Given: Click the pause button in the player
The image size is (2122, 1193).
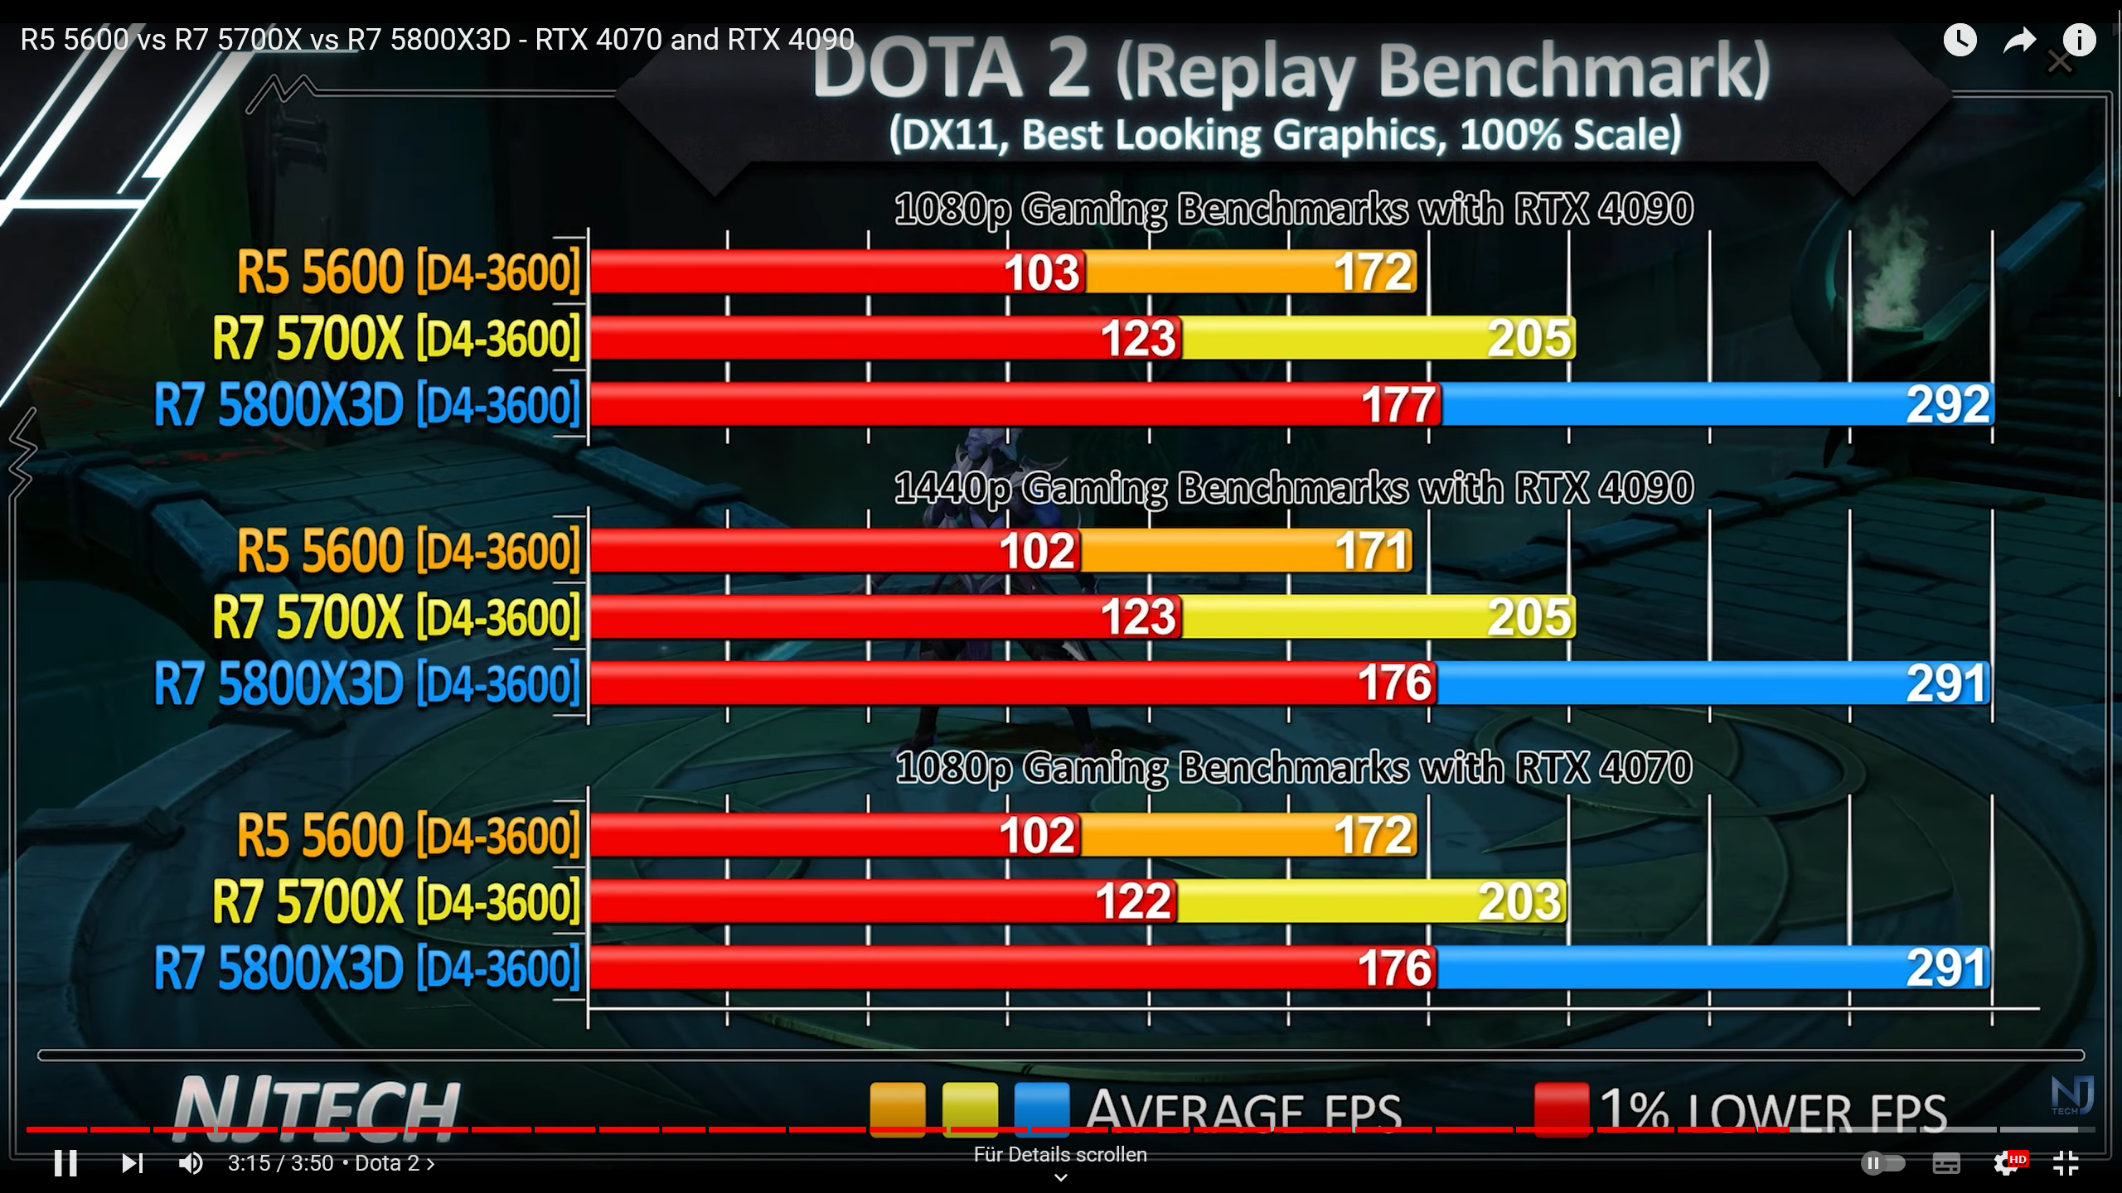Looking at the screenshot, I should point(65,1163).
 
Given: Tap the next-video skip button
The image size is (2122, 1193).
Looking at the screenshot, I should point(132,1163).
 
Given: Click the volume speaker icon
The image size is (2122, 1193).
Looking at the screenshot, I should point(191,1163).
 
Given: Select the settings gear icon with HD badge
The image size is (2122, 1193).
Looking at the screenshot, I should point(2007,1163).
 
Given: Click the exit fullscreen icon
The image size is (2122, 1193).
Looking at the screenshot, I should point(2066,1163).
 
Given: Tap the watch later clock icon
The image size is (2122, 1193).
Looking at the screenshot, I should point(1960,40).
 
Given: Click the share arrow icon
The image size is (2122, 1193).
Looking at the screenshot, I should point(2019,40).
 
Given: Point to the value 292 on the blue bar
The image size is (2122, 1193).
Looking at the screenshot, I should point(1947,404).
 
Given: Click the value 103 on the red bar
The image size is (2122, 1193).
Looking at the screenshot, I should point(1042,273).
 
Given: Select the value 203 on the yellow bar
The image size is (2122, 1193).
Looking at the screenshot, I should point(1519,901).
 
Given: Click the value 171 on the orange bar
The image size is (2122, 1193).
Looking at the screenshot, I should point(1372,551).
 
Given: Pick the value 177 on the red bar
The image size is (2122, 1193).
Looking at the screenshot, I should point(1398,405).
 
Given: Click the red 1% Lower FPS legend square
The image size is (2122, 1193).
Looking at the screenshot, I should point(1561,1108).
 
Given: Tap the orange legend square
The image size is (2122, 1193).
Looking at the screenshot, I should point(897,1108).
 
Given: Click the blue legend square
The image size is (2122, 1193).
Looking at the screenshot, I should point(1042,1108).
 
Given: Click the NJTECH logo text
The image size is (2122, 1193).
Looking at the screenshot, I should point(316,1107).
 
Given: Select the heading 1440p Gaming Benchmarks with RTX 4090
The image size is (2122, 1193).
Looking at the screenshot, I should point(1293,488).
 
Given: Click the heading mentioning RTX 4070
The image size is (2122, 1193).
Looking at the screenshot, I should point(1293,767).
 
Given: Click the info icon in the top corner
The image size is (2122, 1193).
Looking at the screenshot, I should point(2079,40).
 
